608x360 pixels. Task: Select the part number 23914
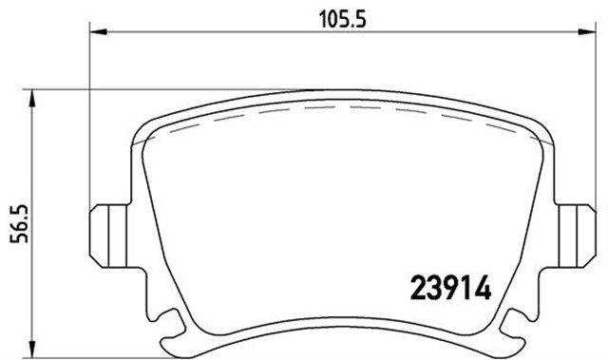coord(451,287)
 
